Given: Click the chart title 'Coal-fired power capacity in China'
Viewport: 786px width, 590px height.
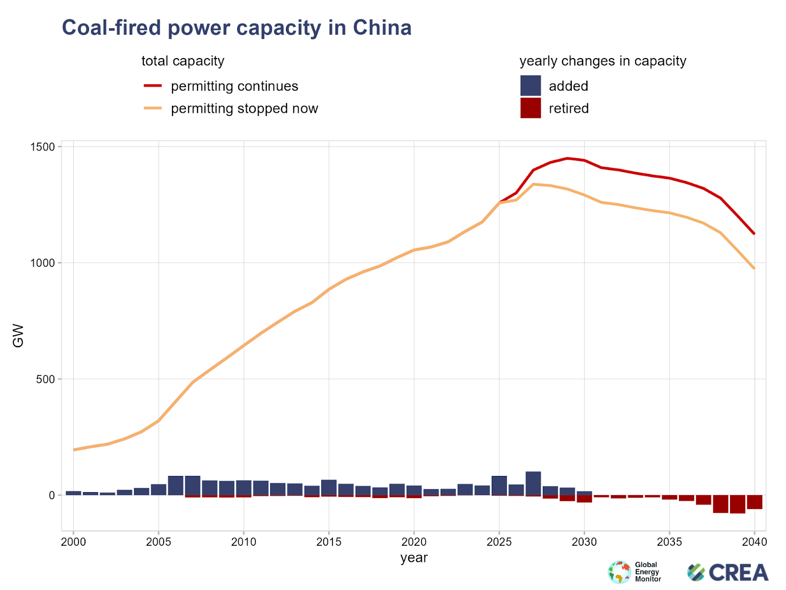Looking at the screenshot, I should click(236, 28).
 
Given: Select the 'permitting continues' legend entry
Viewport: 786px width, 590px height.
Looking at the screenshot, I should click(234, 86).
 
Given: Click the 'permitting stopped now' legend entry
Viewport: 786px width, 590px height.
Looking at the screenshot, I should click(244, 109).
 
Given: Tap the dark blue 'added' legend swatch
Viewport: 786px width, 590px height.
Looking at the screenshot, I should click(531, 86).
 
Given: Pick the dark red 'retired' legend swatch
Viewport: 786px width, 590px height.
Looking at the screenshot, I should click(531, 108).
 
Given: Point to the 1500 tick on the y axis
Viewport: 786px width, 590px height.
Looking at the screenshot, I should click(44, 147).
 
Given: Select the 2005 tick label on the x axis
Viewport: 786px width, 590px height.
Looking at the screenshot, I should click(158, 542).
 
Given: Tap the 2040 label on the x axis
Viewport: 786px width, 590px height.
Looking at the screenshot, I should click(754, 542).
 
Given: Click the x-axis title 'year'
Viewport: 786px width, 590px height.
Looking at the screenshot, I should click(414, 558).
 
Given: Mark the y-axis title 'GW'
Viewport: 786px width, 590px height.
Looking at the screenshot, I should click(18, 335).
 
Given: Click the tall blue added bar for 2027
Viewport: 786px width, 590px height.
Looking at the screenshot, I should click(533, 484).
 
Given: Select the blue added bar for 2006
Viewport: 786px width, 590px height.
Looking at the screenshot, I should click(175, 486).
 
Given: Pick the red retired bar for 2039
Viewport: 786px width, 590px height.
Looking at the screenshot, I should click(737, 504).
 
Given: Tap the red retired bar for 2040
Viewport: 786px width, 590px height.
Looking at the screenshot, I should click(755, 502).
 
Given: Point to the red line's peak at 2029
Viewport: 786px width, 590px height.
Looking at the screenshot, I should click(567, 158).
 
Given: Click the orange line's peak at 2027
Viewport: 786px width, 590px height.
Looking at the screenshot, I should click(533, 184).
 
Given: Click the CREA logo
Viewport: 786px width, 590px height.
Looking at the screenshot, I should click(728, 572).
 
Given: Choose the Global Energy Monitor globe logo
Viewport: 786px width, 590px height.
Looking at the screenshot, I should click(619, 572).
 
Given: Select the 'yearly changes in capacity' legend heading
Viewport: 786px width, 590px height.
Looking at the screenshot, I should click(602, 61).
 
